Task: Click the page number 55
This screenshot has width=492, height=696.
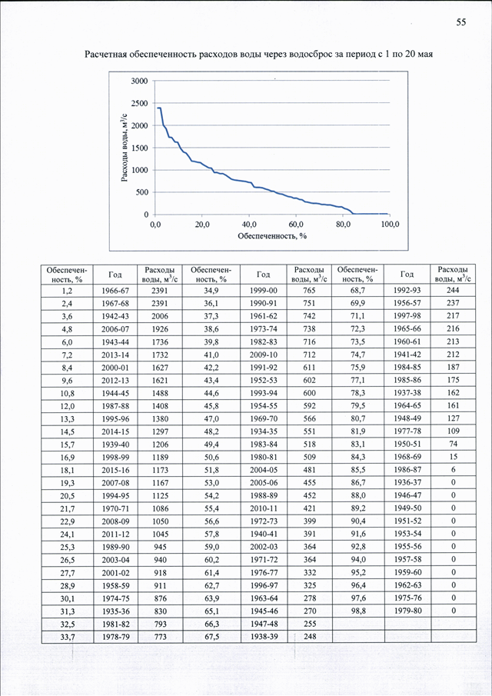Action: click(x=461, y=22)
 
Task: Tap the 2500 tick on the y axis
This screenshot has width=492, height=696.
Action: click(x=140, y=103)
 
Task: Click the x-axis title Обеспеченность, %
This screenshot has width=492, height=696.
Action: click(x=272, y=235)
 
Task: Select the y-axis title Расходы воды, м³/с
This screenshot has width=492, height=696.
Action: click(x=125, y=148)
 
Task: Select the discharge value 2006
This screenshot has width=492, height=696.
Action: click(x=160, y=316)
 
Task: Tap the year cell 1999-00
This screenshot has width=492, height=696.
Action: click(x=264, y=291)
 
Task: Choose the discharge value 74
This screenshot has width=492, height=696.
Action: click(x=454, y=444)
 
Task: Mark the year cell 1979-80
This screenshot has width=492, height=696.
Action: click(x=407, y=611)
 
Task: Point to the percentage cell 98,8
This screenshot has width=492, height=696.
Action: click(x=357, y=611)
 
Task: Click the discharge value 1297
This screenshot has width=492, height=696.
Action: click(x=160, y=431)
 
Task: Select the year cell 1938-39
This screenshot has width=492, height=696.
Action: click(x=264, y=637)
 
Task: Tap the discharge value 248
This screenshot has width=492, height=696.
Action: click(x=309, y=637)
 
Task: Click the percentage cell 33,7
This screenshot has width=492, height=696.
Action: click(x=67, y=637)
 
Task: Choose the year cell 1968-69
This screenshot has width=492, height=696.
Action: click(x=407, y=457)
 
